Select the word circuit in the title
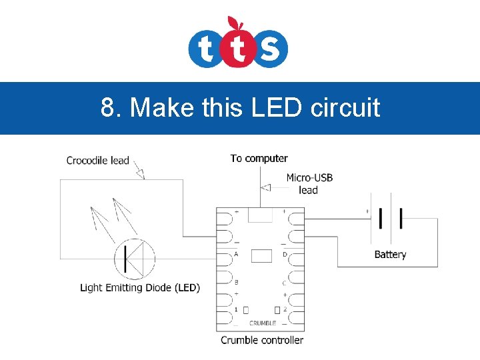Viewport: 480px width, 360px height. click(345, 107)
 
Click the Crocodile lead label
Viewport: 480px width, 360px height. click(97, 160)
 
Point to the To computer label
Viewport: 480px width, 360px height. click(259, 158)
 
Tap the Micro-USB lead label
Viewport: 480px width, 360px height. click(309, 183)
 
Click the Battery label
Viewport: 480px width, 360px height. click(390, 255)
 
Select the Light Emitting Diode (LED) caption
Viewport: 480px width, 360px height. click(140, 288)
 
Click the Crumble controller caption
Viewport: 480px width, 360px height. click(262, 340)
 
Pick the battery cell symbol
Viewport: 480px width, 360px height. click(391, 218)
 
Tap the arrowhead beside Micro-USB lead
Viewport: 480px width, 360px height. click(265, 187)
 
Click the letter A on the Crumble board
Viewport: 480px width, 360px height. click(236, 254)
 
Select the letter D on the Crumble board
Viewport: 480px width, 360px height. click(285, 254)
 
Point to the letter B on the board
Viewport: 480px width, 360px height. click(236, 282)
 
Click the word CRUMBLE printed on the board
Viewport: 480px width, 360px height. click(262, 323)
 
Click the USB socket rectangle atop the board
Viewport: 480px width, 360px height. click(260, 214)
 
